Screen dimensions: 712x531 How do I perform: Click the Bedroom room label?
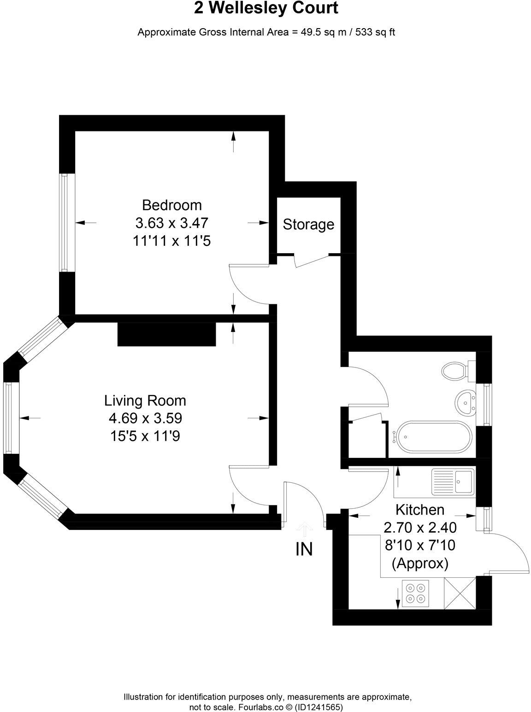[171, 205]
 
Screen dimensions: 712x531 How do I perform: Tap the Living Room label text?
[145, 400]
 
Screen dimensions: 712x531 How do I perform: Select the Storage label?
[308, 225]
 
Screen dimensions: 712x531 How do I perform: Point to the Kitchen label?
[420, 510]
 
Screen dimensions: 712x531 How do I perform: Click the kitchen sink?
[452, 482]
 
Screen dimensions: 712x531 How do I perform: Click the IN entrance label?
[304, 549]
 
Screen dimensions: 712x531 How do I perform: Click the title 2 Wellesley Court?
[266, 9]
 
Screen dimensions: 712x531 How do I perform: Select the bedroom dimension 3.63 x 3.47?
[171, 223]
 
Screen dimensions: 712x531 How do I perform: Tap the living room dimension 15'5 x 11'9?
[145, 436]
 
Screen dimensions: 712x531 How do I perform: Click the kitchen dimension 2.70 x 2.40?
[420, 528]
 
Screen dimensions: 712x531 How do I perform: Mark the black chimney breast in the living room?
[167, 334]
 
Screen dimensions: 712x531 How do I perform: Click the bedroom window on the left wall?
[65, 222]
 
